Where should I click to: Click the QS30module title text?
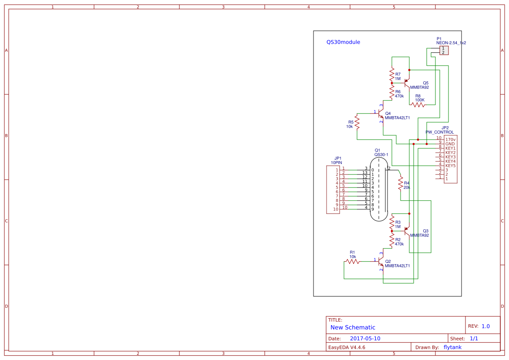tap(343, 42)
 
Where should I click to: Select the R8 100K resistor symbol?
tap(418, 105)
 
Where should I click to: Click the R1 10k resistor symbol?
tap(352, 262)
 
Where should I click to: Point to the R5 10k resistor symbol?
tap(357, 122)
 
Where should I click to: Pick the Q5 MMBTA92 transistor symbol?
tap(407, 81)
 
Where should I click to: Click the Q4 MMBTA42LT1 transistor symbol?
tap(381, 114)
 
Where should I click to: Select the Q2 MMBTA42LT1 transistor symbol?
tap(381, 262)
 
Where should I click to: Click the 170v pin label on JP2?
tap(450, 139)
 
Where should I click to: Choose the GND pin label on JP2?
tap(450, 144)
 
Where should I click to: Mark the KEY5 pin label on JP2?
tap(450, 165)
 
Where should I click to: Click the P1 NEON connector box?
tap(444, 50)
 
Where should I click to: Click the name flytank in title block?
tap(452, 347)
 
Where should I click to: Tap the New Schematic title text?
tap(353, 327)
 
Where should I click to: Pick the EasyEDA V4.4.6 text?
tap(347, 347)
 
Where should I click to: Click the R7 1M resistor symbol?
tap(392, 74)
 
